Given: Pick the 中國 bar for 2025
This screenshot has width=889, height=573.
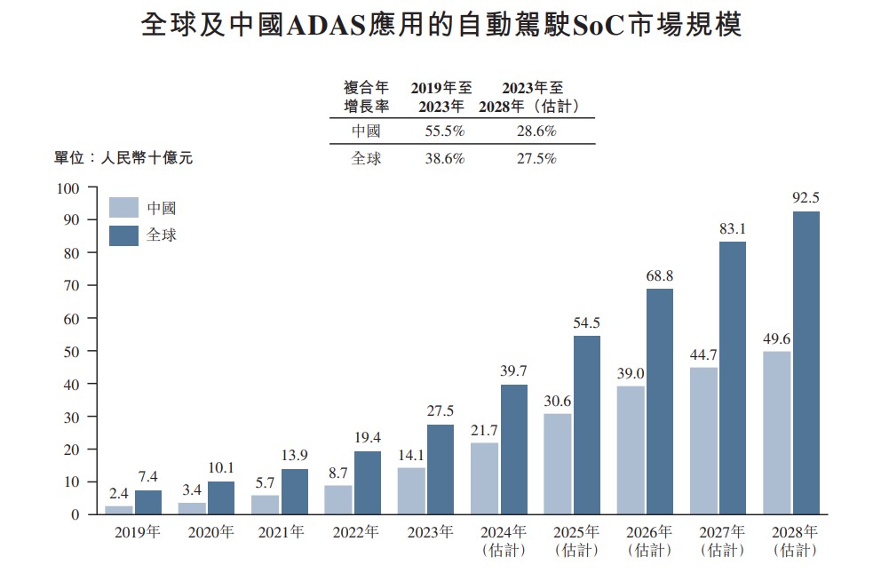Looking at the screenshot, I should point(557,464).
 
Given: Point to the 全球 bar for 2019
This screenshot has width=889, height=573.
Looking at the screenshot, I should point(148,502).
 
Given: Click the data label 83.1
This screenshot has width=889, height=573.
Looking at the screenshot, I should point(733,228).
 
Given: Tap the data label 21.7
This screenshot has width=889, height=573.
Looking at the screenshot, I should point(484,429).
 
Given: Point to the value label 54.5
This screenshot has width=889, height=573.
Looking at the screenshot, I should point(586,322).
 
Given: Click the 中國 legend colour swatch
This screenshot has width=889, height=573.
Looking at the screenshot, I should point(123,208).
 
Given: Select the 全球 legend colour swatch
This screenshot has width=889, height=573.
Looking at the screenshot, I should point(123,235).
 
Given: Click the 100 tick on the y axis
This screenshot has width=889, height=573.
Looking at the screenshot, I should point(68,188).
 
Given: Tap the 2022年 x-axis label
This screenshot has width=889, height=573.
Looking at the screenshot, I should point(355,533).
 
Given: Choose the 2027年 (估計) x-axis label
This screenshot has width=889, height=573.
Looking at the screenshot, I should point(722,541).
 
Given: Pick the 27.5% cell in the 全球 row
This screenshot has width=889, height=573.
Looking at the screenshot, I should point(536,159).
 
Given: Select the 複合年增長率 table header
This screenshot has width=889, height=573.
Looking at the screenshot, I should point(366,97).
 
